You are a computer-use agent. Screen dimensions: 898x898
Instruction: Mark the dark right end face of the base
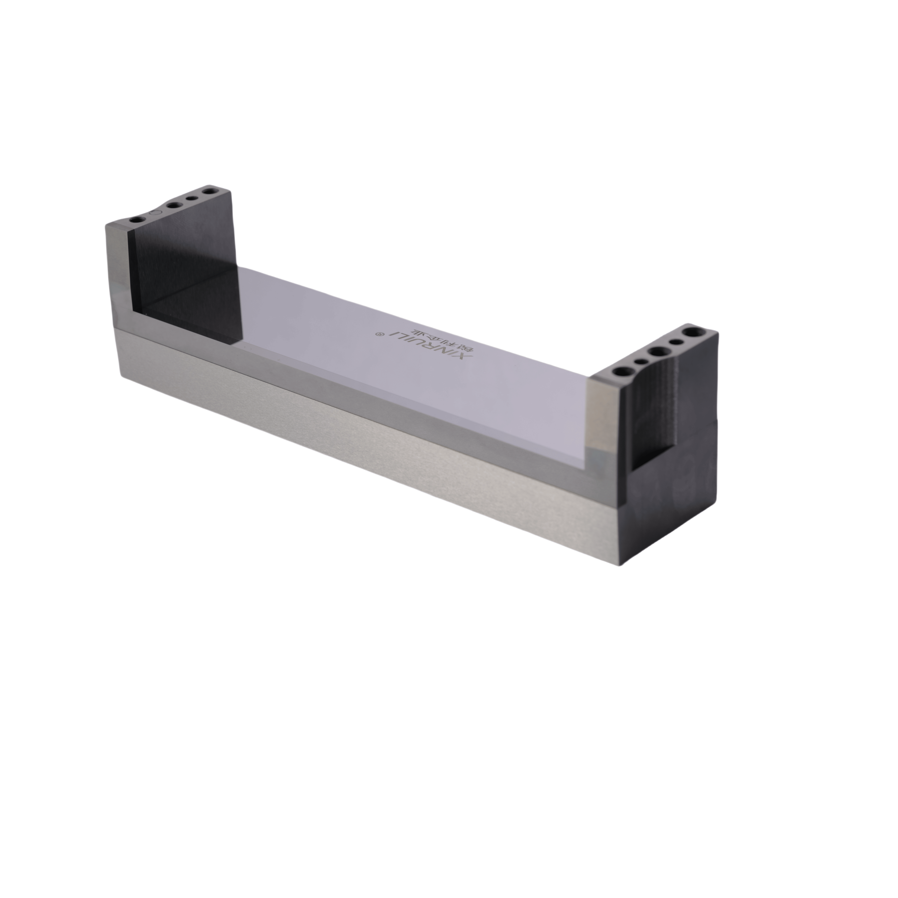coord(669,502)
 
